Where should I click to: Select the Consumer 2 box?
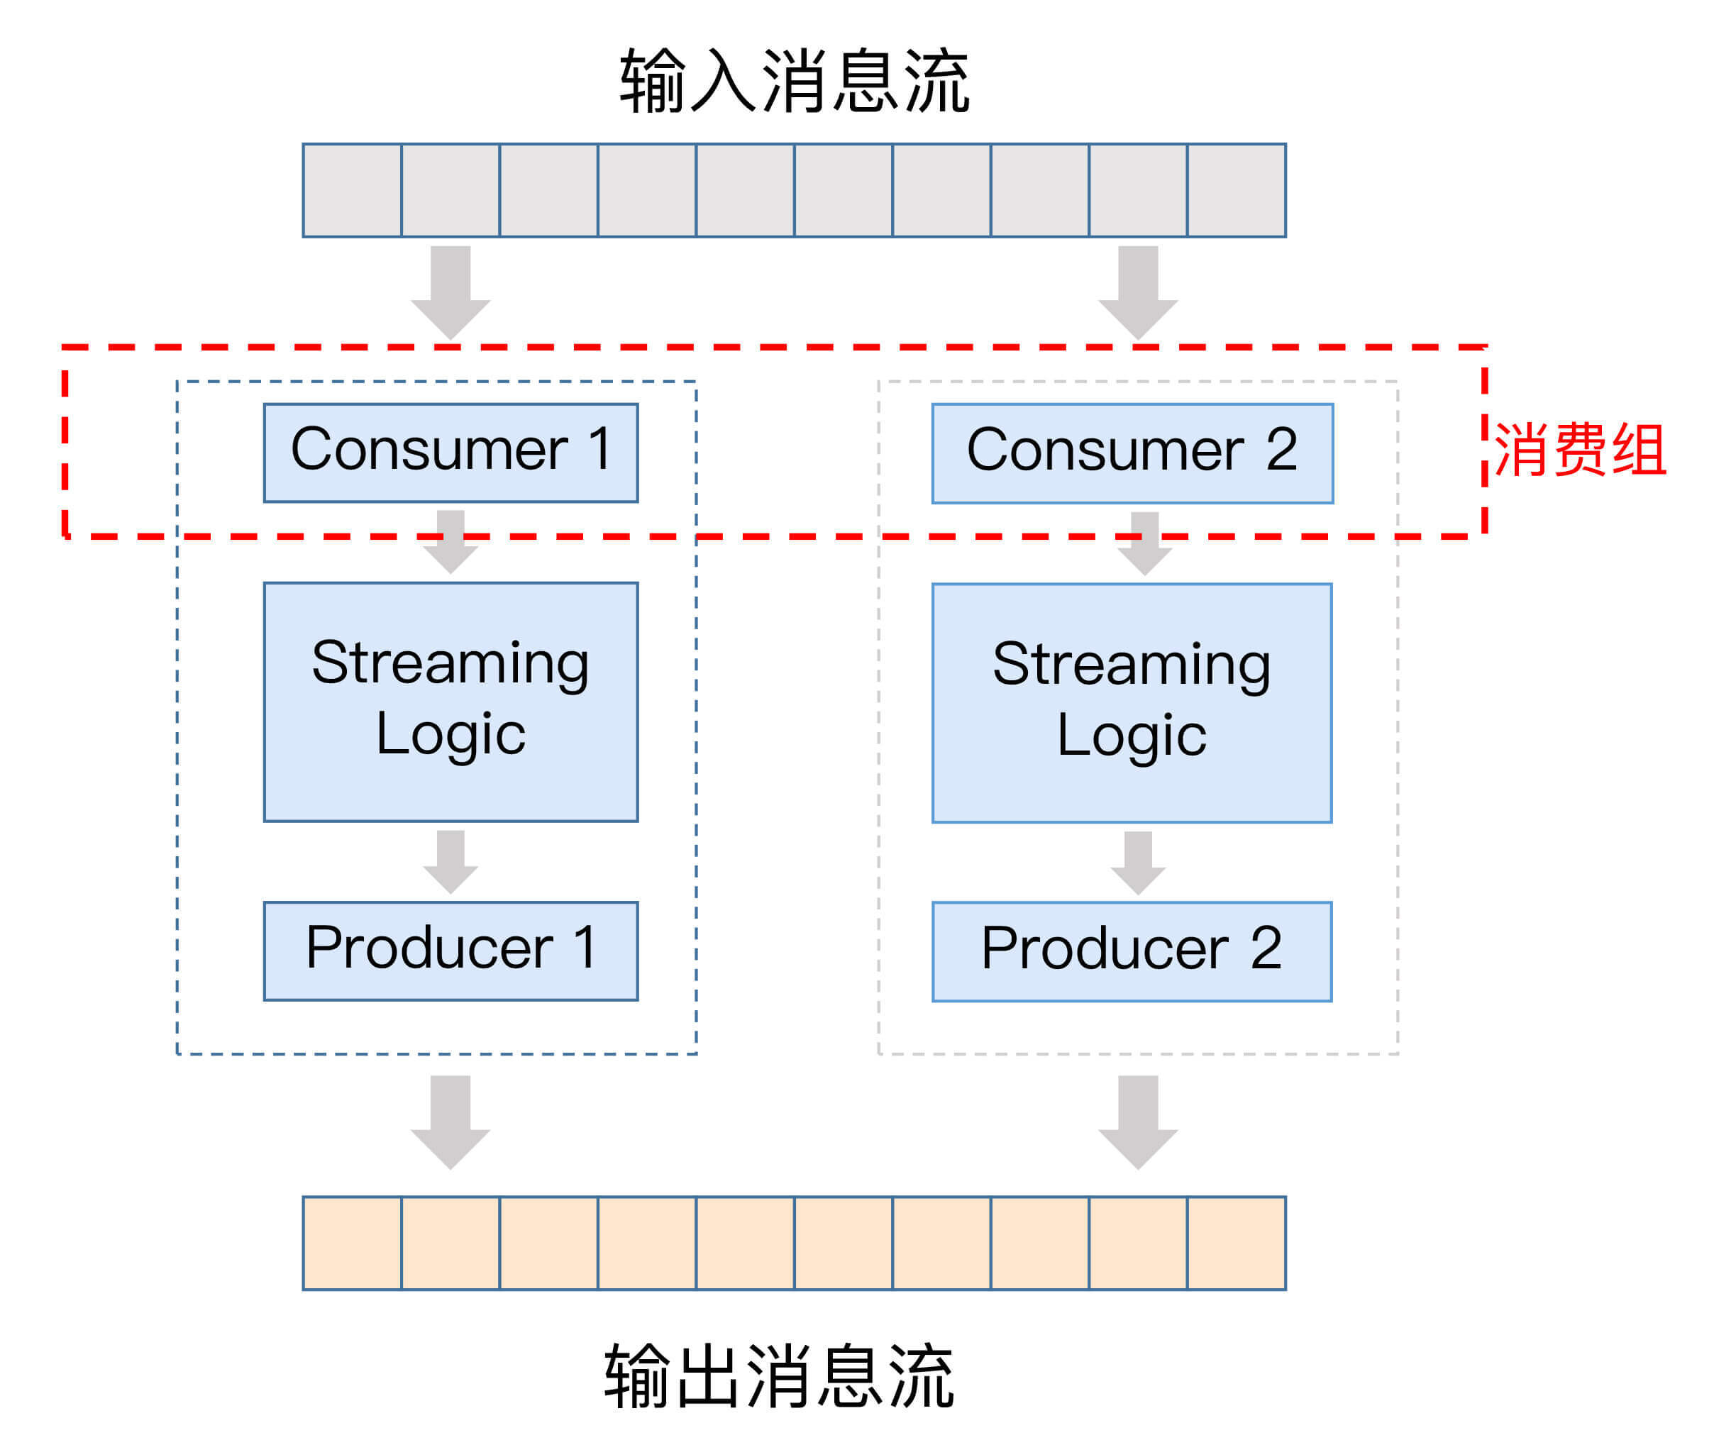coord(1132,453)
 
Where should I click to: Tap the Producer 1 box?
coord(450,951)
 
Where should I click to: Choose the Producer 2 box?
coord(1132,951)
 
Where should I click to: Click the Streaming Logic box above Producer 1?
coord(450,702)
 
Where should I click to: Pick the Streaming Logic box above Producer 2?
coord(1132,703)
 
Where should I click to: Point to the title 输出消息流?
coord(779,1376)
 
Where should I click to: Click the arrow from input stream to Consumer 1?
coord(450,292)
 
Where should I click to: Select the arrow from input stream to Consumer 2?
coord(1138,292)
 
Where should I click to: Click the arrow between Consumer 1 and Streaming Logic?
coord(450,541)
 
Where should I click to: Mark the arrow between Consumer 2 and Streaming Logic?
coord(1144,543)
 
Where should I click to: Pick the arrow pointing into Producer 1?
coord(450,862)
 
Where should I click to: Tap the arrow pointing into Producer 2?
coord(1138,863)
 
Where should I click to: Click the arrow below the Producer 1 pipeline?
coord(450,1122)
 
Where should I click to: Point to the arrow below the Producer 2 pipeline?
coord(1138,1122)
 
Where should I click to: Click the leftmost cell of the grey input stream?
coord(353,190)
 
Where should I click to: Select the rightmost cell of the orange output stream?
coord(1236,1243)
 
